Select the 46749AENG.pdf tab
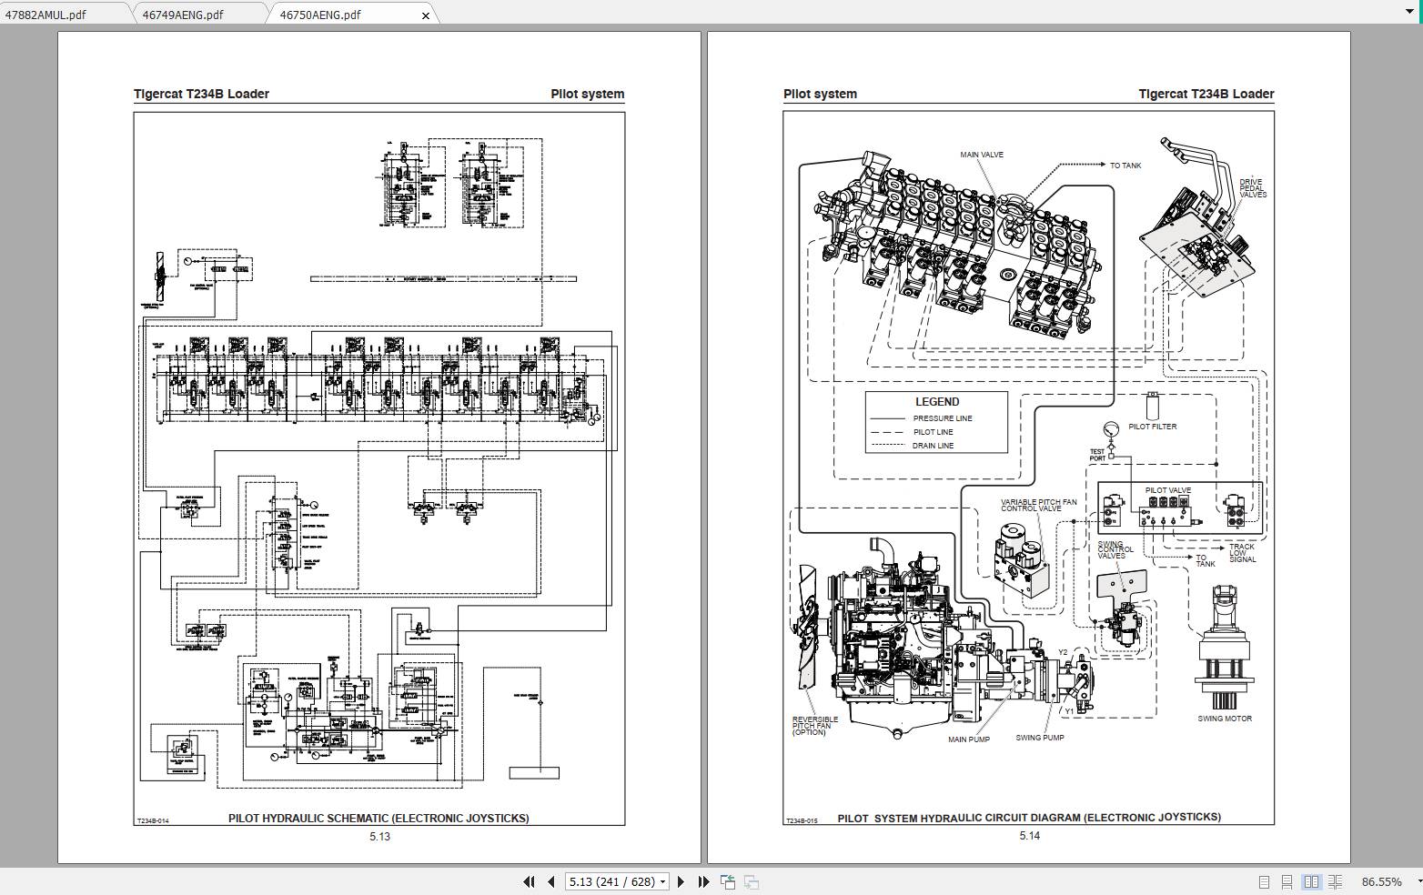pyautogui.click(x=183, y=15)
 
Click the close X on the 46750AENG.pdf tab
pyautogui.click(x=426, y=15)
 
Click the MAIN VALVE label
pyautogui.click(x=982, y=155)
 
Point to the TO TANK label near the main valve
pyautogui.click(x=1125, y=166)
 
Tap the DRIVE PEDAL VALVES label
pyautogui.click(x=1252, y=188)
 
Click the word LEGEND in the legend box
pyautogui.click(x=936, y=402)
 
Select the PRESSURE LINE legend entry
pyautogui.click(x=943, y=418)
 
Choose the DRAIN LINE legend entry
pyautogui.click(x=933, y=446)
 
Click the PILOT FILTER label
pyautogui.click(x=1152, y=427)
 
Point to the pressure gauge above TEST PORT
pyautogui.click(x=1111, y=429)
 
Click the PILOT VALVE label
pyautogui.click(x=1167, y=491)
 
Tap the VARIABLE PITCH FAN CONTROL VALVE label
pyautogui.click(x=1038, y=506)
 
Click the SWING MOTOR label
pyautogui.click(x=1225, y=719)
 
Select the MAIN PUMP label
pyautogui.click(x=968, y=739)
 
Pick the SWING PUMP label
pyautogui.click(x=1039, y=738)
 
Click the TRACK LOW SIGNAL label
pyautogui.click(x=1242, y=553)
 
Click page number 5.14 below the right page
pyautogui.click(x=1029, y=836)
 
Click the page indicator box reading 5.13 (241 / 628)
pyautogui.click(x=617, y=881)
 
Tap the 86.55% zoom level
pyautogui.click(x=1381, y=881)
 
